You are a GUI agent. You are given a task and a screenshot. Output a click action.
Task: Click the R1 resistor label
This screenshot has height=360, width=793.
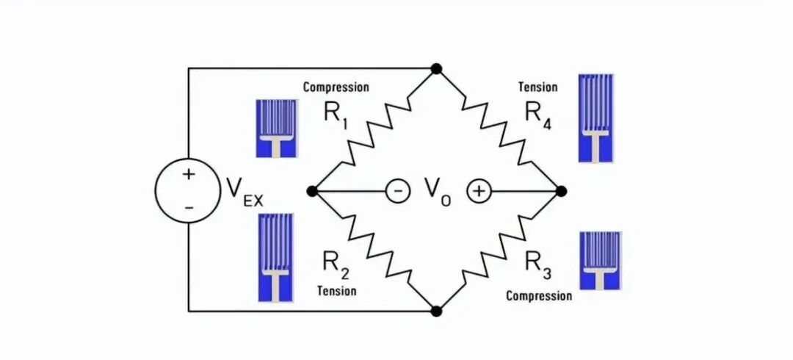coord(335,117)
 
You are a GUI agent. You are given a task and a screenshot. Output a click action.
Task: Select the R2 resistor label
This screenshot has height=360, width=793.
coord(335,264)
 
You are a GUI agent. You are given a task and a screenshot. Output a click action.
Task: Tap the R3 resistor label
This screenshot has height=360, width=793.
coord(538,264)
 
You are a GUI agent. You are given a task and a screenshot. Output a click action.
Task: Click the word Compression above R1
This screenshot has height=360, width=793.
coord(336,87)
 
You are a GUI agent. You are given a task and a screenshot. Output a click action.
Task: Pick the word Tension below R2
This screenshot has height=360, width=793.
coord(337,290)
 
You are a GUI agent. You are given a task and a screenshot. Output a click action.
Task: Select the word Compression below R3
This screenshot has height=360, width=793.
coord(539,295)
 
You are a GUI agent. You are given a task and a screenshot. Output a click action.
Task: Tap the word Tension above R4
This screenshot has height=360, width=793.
coord(538,87)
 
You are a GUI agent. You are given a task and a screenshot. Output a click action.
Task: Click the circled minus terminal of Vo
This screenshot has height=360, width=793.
coord(397,192)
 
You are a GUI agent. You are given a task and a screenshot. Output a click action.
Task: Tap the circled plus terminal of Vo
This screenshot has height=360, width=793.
coord(478,192)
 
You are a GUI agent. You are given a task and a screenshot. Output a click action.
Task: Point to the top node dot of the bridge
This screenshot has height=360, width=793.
coord(436,68)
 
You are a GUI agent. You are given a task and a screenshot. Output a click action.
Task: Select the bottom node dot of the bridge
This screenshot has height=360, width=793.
coord(436,311)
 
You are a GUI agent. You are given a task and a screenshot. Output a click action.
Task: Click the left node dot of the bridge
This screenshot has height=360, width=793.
coord(312,191)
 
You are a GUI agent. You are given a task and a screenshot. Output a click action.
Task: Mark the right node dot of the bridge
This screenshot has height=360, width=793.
coord(561,191)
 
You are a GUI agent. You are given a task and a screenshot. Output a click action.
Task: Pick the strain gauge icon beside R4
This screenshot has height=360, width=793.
coord(595,118)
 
